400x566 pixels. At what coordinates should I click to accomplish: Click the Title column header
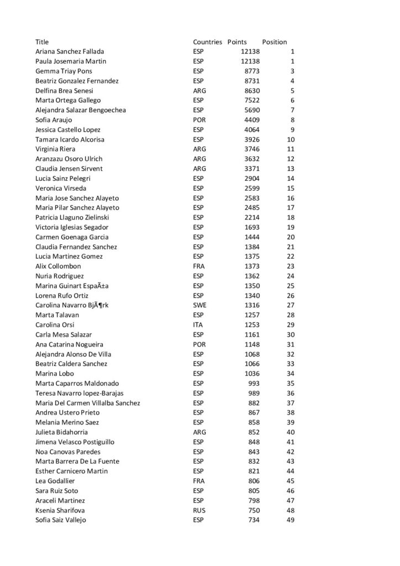click(42, 41)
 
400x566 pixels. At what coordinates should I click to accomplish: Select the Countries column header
click(207, 41)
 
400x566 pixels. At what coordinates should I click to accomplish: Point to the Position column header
click(274, 41)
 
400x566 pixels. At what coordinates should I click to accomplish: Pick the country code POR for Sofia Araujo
click(199, 119)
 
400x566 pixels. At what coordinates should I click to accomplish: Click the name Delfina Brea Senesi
click(64, 91)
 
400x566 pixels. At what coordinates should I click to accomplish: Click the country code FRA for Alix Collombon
click(199, 266)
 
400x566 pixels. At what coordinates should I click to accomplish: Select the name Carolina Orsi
click(55, 324)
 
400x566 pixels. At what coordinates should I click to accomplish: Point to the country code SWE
click(199, 305)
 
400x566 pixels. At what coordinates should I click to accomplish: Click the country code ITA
click(198, 324)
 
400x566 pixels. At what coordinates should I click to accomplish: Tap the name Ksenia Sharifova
click(60, 510)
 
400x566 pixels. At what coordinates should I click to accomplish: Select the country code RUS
click(199, 510)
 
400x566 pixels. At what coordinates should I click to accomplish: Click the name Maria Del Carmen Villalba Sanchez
click(87, 403)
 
